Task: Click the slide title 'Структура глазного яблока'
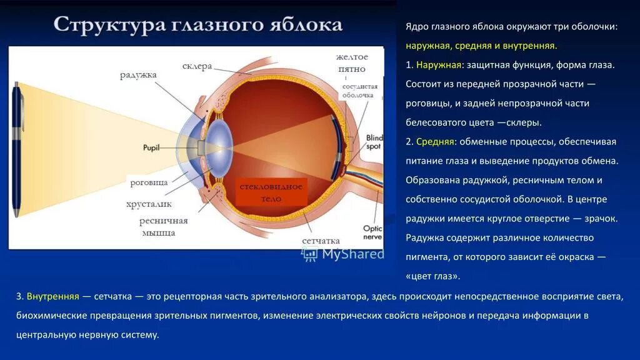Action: [197, 25]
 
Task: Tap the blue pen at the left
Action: [17, 151]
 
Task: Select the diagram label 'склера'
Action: [197, 66]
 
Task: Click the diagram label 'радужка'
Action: [138, 75]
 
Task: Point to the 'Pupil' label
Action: [152, 148]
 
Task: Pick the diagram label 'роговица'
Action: [149, 182]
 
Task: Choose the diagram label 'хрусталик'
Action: [149, 204]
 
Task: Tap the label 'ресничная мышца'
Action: [163, 226]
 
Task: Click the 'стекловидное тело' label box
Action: [271, 192]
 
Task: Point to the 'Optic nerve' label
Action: [372, 232]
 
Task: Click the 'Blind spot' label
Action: [374, 141]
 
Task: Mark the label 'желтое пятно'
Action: [351, 62]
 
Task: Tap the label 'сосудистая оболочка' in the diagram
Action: [358, 91]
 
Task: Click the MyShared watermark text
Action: [352, 253]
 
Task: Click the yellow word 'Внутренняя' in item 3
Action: [52, 296]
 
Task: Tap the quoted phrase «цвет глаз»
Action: [432, 276]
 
